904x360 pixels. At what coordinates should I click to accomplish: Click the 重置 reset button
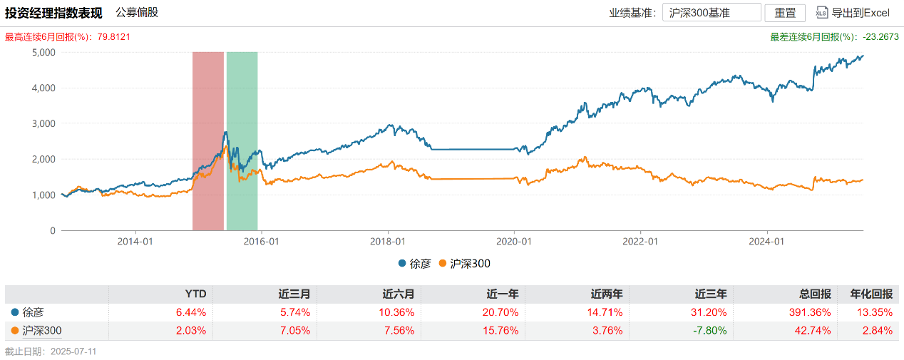coord(785,13)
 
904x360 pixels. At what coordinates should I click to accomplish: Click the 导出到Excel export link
coord(853,13)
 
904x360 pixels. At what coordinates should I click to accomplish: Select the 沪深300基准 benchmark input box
coord(711,13)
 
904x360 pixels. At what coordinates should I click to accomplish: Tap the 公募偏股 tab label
coord(137,12)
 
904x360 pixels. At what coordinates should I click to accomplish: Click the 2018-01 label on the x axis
coord(388,242)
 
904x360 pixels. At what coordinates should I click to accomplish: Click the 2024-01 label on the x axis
coord(767,242)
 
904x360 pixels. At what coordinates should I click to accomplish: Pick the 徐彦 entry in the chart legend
coord(414,264)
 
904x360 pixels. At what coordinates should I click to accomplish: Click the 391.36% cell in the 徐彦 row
coord(813,312)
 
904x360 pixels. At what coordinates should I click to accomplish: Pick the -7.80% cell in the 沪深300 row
coord(709,330)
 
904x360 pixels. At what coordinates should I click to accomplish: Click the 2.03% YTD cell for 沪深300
coord(191,330)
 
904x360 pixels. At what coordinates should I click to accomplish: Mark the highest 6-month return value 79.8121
coord(110,36)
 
